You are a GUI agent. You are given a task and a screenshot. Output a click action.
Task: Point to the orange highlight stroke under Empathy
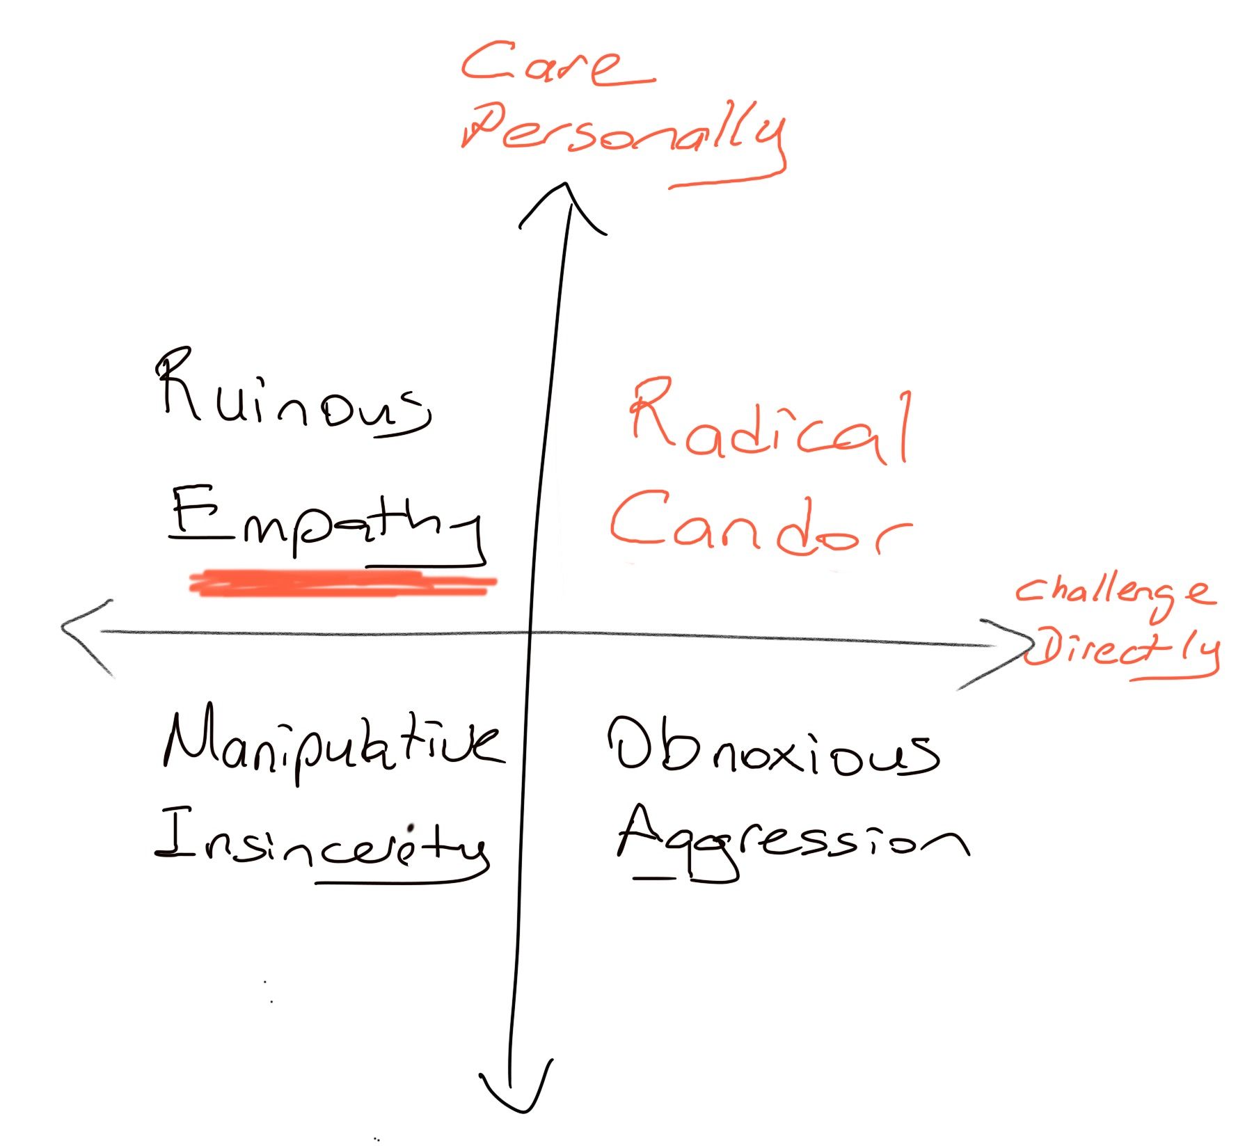click(343, 583)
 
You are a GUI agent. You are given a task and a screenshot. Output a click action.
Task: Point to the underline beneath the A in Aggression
click(654, 878)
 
